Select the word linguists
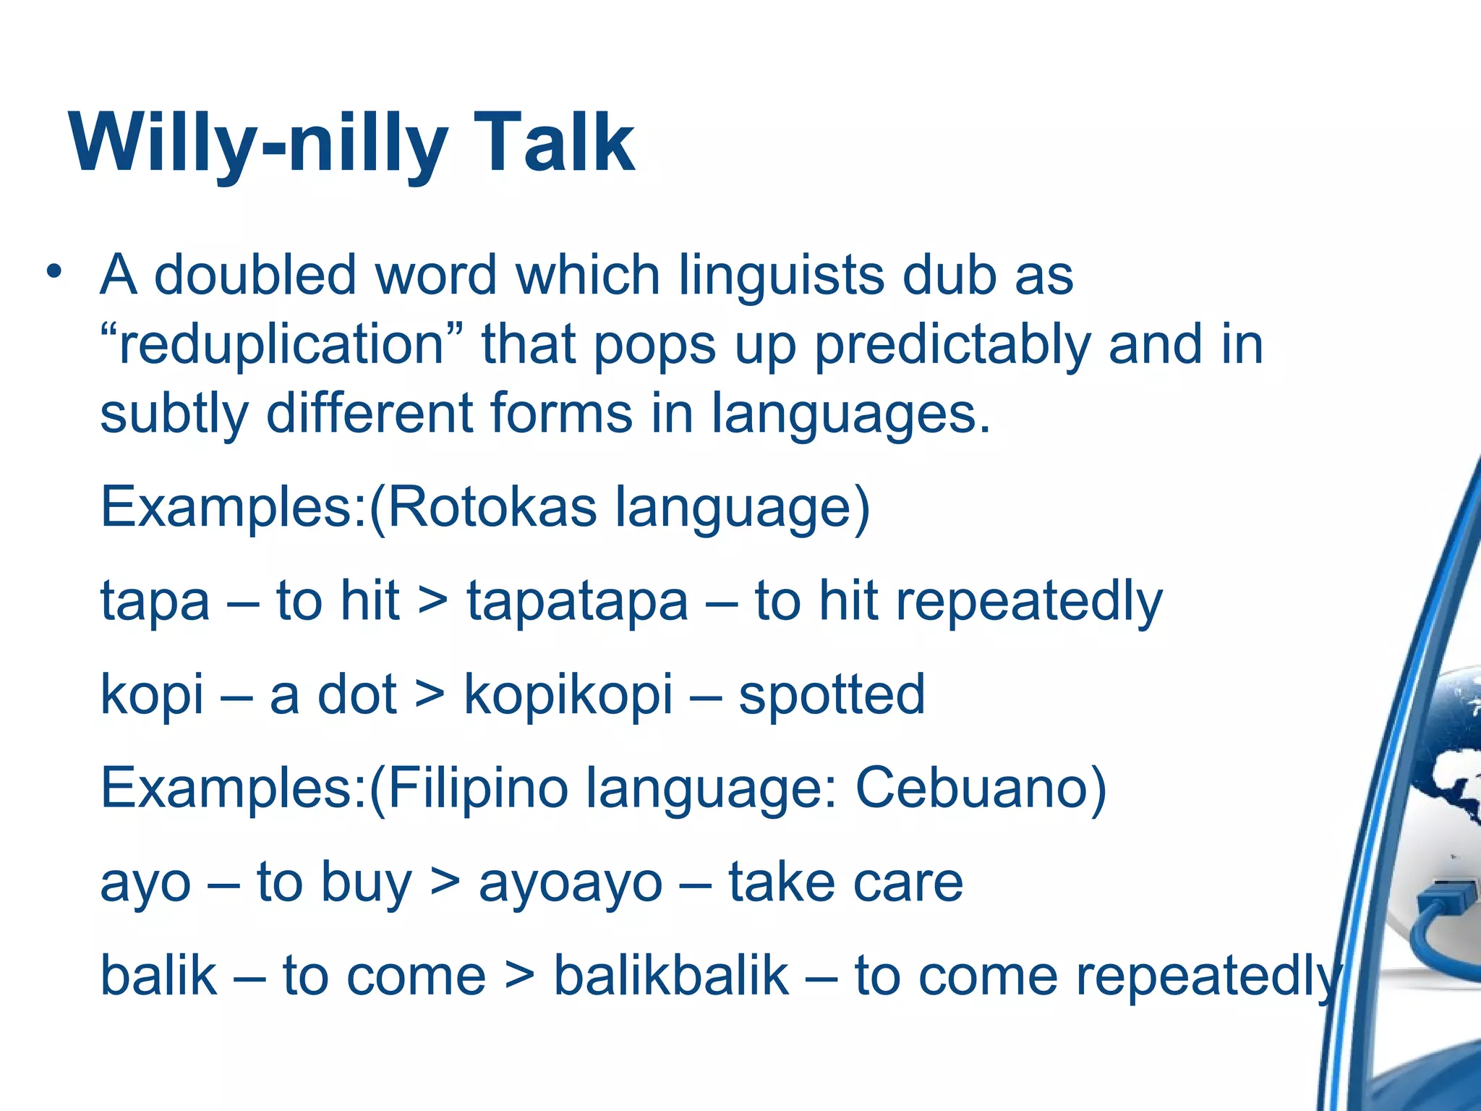[x=780, y=276]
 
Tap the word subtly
[x=174, y=414]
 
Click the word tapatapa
[x=577, y=601]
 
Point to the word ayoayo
[x=571, y=883]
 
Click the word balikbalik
[x=671, y=976]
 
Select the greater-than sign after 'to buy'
[x=444, y=882]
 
